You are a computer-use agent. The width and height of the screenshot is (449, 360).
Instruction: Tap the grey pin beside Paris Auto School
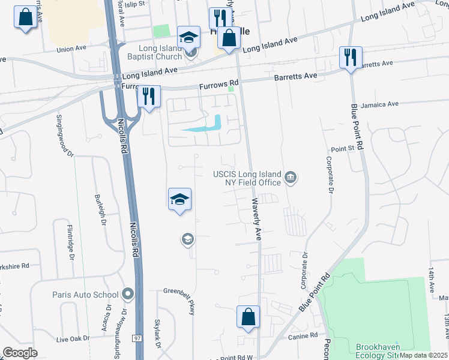[127, 294]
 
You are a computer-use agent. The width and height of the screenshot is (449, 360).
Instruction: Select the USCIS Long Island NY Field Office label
[247, 178]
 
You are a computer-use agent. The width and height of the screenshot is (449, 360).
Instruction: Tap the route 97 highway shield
[136, 339]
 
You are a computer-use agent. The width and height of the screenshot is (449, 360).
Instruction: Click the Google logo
[20, 353]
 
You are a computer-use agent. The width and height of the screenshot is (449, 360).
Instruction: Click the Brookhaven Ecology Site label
[383, 351]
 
